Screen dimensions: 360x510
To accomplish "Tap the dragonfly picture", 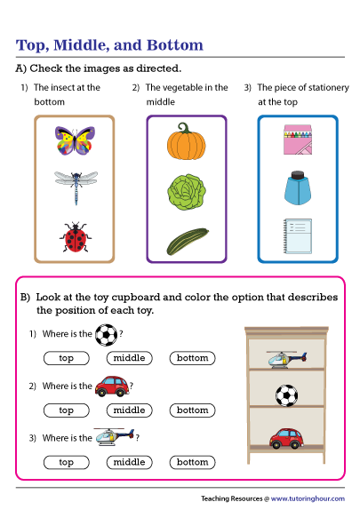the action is tap(74, 186).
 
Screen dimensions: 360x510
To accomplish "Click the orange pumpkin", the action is tap(186, 140).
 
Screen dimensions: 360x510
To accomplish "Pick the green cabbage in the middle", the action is tap(186, 191).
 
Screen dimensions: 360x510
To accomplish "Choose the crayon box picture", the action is tap(298, 139).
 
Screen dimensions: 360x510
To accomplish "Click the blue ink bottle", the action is tap(298, 187).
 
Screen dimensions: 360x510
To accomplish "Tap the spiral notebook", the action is tap(298, 236).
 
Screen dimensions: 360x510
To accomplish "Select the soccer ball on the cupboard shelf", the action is tap(286, 395).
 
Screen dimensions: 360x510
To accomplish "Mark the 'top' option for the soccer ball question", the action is tap(66, 358).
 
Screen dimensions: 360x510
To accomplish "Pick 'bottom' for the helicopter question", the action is tap(192, 462).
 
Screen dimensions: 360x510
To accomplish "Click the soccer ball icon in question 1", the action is tap(106, 335).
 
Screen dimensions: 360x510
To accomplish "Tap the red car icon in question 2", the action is tap(110, 386).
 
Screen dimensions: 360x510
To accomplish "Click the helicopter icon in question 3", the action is tap(115, 436).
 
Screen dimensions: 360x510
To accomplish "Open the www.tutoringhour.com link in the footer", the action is tap(309, 498).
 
